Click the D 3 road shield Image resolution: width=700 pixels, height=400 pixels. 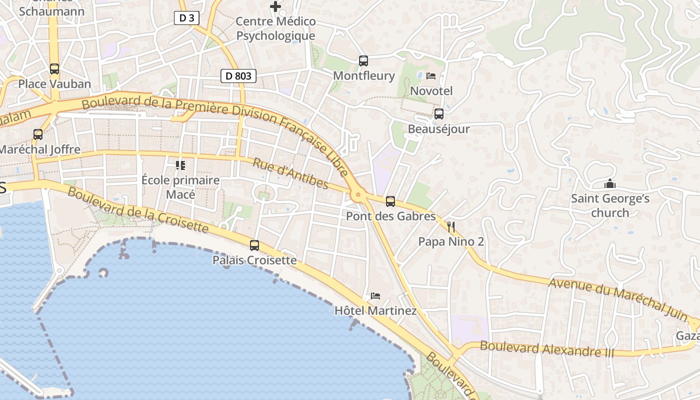click(x=187, y=18)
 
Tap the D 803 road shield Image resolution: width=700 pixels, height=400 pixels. click(x=238, y=76)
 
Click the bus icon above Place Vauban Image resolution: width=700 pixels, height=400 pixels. click(x=54, y=69)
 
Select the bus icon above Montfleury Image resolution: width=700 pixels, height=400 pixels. click(x=363, y=61)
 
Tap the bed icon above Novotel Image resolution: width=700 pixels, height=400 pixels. click(x=431, y=76)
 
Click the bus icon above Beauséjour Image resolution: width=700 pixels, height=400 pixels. click(x=439, y=114)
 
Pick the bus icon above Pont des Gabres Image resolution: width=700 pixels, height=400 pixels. click(x=390, y=201)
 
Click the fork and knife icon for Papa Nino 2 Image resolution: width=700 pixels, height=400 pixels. click(x=451, y=227)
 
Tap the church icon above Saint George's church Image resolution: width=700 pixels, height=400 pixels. click(x=610, y=183)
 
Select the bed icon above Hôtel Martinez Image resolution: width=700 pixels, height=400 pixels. click(x=375, y=296)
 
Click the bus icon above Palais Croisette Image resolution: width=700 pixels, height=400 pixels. click(x=254, y=245)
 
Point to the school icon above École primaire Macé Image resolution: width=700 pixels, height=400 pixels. click(x=180, y=165)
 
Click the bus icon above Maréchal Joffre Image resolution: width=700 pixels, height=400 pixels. click(x=38, y=134)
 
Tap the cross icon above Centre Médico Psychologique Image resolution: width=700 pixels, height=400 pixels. click(x=275, y=6)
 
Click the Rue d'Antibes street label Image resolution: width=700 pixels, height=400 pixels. click(x=290, y=174)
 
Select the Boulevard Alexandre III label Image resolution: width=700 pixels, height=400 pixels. click(x=546, y=348)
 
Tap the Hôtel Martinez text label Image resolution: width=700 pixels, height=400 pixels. click(x=375, y=310)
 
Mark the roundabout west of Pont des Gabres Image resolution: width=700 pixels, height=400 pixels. click(x=358, y=195)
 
